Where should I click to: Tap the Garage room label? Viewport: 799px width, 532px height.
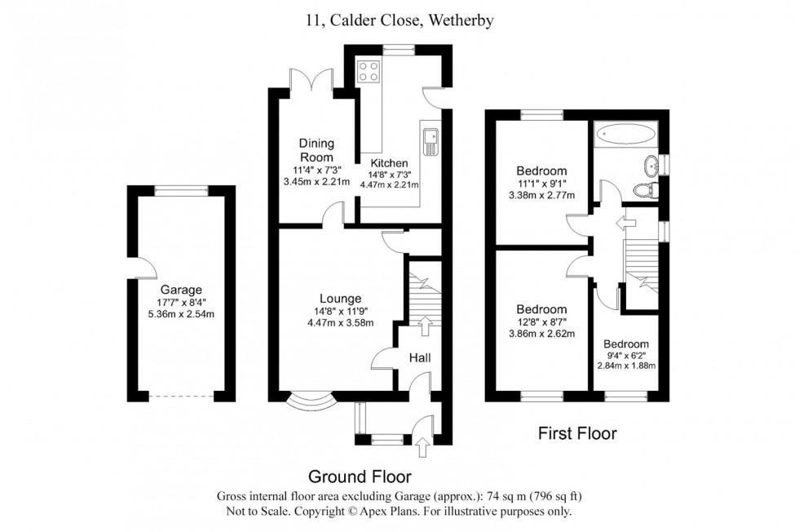pyautogui.click(x=180, y=289)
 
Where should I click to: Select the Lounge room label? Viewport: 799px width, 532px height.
pyautogui.click(x=341, y=299)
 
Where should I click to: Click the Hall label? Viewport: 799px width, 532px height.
pyautogui.click(x=419, y=357)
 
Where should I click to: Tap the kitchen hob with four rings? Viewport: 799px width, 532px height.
pyautogui.click(x=369, y=71)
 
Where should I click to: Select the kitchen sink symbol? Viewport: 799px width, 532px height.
pyautogui.click(x=430, y=142)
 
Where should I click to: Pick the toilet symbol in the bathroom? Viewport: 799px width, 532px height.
pyautogui.click(x=646, y=191)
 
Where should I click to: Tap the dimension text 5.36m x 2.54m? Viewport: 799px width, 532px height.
pyautogui.click(x=180, y=315)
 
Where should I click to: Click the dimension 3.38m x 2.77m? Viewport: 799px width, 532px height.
pyautogui.click(x=541, y=196)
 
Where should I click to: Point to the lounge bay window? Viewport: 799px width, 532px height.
pyautogui.click(x=313, y=401)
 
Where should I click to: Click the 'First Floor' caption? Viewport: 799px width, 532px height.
pyautogui.click(x=576, y=434)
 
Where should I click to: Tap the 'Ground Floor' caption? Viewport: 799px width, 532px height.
pyautogui.click(x=359, y=477)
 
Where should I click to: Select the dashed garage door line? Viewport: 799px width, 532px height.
pyautogui.click(x=181, y=397)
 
